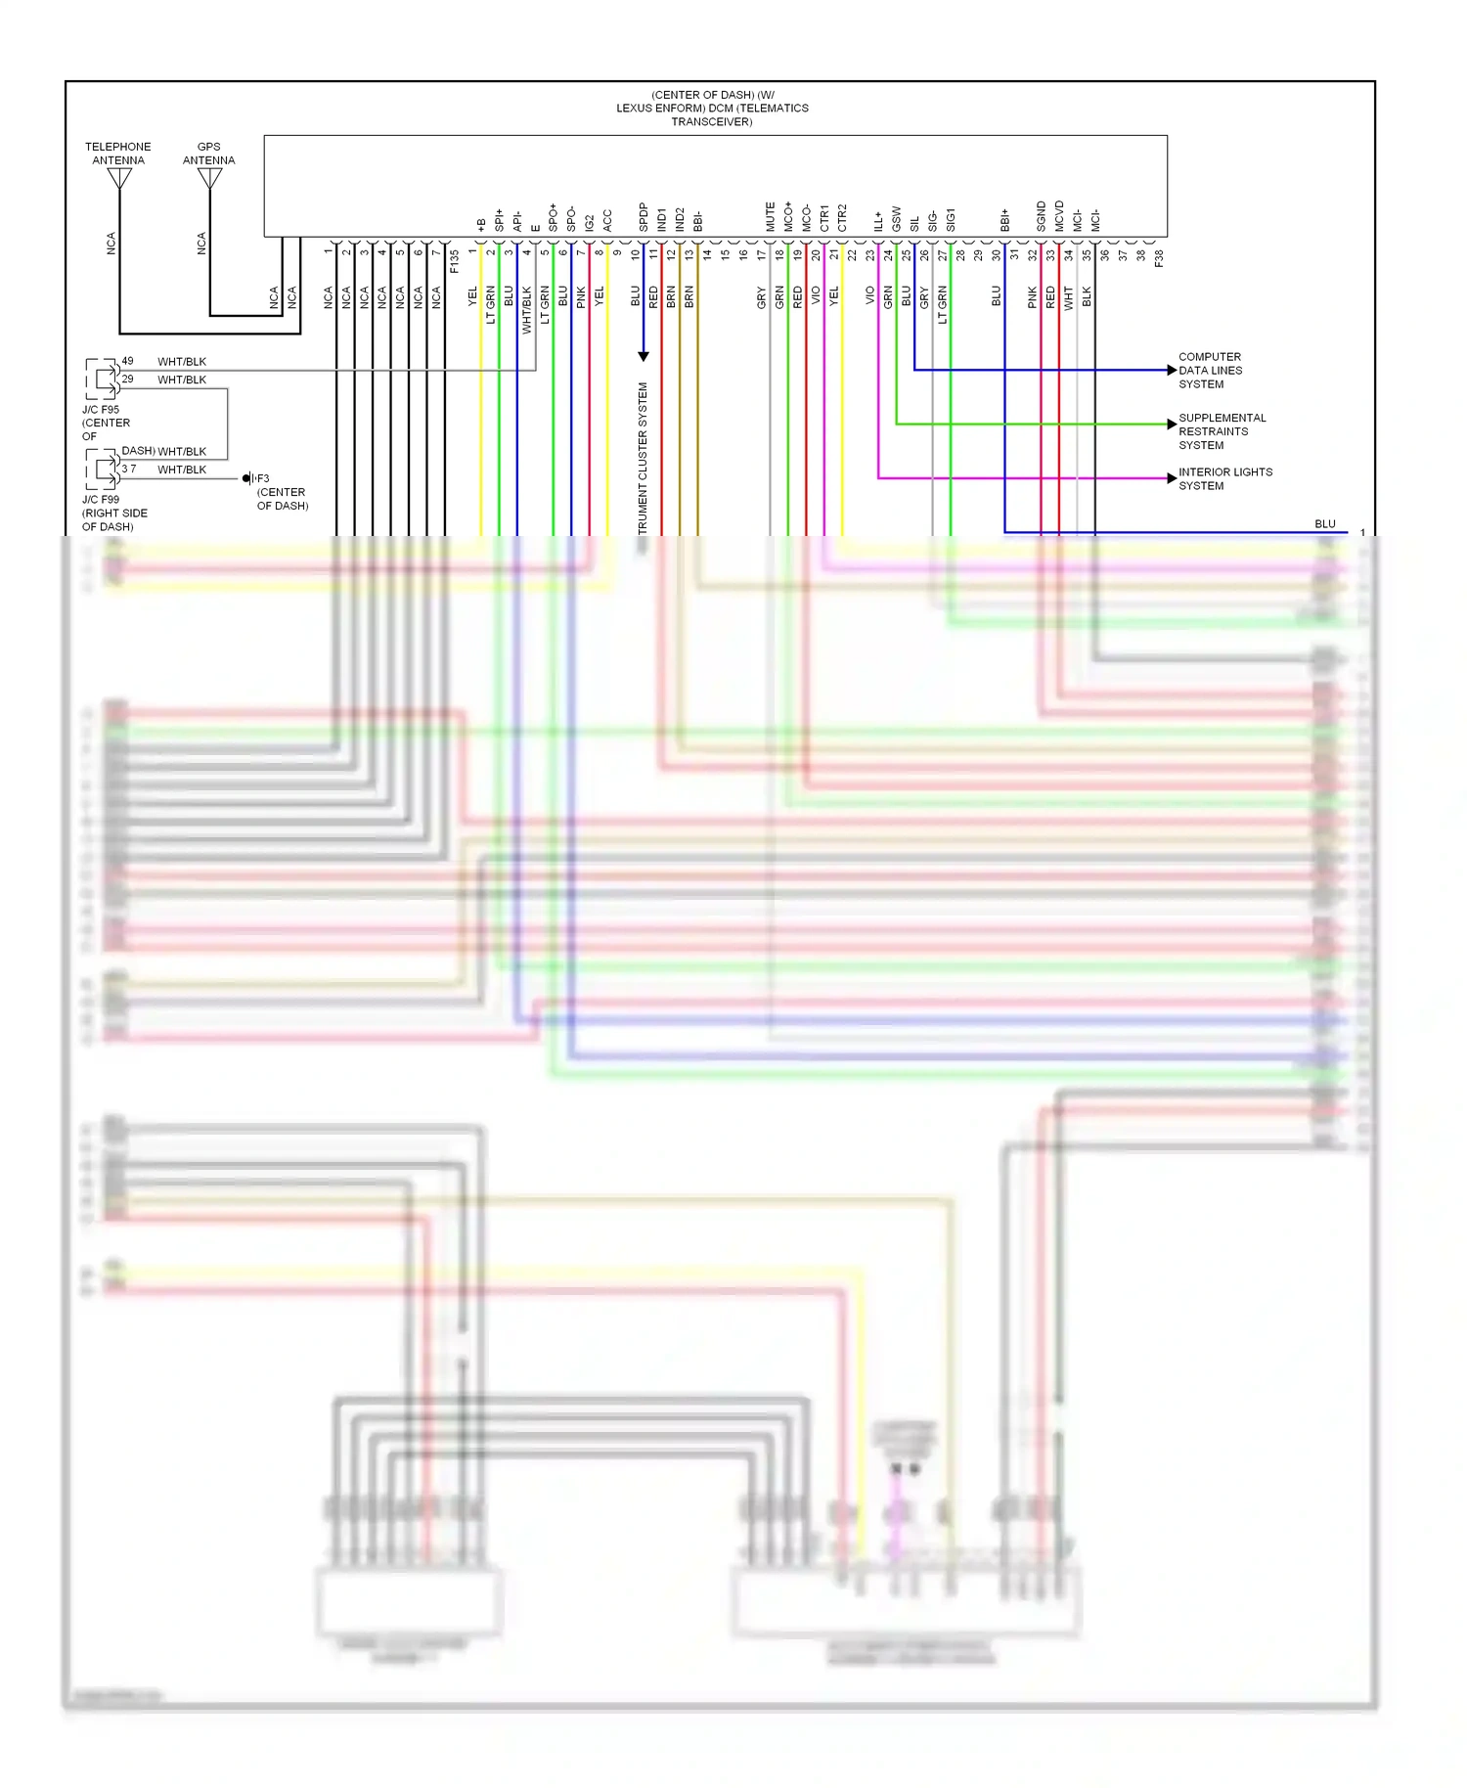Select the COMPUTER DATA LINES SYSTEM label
[1210, 371]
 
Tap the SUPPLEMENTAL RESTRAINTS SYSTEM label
[1222, 431]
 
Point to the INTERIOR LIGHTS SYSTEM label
[1224, 478]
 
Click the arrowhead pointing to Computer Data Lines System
[1172, 370]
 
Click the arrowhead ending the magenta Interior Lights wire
[1172, 478]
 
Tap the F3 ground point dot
[246, 478]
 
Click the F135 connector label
[454, 261]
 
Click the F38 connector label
[1159, 259]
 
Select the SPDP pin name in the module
[644, 217]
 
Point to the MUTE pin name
[770, 217]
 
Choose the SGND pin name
[1042, 217]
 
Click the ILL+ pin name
[878, 221]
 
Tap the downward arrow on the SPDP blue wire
[644, 356]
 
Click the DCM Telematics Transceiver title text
[712, 109]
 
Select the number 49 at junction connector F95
[127, 361]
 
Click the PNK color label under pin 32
[1032, 297]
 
